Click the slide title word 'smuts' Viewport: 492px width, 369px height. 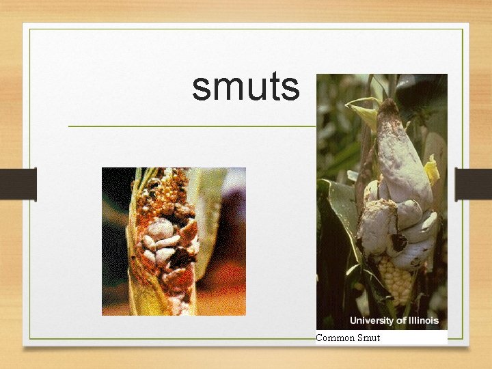point(245,87)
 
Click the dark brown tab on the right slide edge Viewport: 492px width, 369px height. point(474,184)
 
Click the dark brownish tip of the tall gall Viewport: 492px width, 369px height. point(388,108)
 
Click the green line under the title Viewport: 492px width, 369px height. point(191,126)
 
